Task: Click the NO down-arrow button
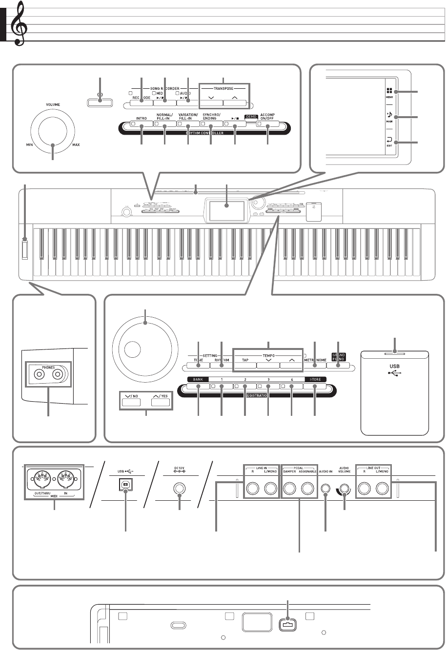(129, 403)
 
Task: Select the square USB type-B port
(126, 473)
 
